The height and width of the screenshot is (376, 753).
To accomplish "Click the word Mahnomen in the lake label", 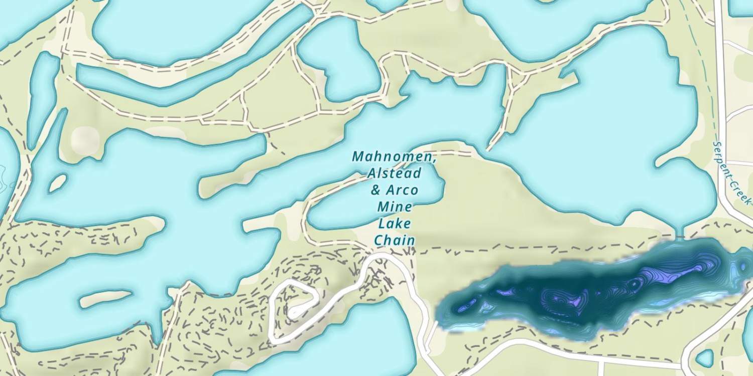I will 394,156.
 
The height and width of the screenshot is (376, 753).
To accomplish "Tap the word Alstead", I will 394,173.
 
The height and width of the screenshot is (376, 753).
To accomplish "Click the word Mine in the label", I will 395,207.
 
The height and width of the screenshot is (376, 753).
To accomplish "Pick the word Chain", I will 395,240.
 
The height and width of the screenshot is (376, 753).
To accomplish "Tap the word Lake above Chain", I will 395,224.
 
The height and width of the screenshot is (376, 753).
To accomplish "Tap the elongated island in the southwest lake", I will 105,299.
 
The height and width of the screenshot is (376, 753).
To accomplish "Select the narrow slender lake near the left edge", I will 43,95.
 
